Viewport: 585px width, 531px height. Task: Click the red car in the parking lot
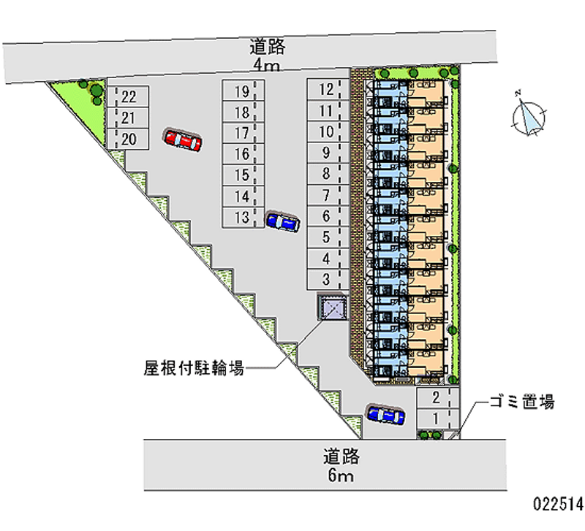pyautogui.click(x=183, y=140)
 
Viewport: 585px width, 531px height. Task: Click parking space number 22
pyautogui.click(x=129, y=96)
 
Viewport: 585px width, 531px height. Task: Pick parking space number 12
pyautogui.click(x=327, y=90)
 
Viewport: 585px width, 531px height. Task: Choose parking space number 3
pyautogui.click(x=327, y=279)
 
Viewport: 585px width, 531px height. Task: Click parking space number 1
pyautogui.click(x=437, y=419)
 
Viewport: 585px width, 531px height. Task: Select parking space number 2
pyautogui.click(x=437, y=398)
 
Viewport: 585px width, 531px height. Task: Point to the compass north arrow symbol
pyautogui.click(x=529, y=115)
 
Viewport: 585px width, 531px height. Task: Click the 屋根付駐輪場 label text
pyautogui.click(x=194, y=368)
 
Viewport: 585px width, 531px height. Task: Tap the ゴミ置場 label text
pyautogui.click(x=522, y=401)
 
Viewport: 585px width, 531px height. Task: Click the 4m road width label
pyautogui.click(x=266, y=65)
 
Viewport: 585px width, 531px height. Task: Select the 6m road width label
pyautogui.click(x=341, y=476)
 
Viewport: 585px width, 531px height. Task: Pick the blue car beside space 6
pyautogui.click(x=282, y=222)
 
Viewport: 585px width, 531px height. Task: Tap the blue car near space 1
pyautogui.click(x=385, y=416)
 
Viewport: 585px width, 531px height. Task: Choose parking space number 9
pyautogui.click(x=327, y=153)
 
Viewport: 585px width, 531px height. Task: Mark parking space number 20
pyautogui.click(x=129, y=139)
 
